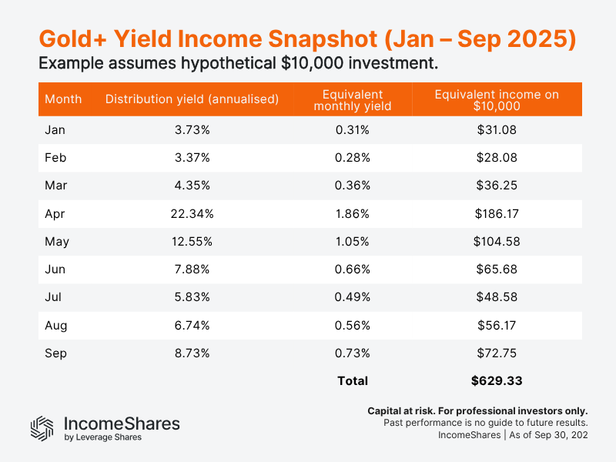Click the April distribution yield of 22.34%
(191, 213)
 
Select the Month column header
(63, 99)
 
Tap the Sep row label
(55, 353)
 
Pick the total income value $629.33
(497, 380)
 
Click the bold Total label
(352, 380)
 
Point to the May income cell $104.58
(497, 241)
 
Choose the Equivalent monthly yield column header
(352, 100)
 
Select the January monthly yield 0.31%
(352, 130)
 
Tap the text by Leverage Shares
(102, 437)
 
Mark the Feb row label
(55, 158)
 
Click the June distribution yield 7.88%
(191, 269)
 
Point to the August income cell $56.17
(497, 325)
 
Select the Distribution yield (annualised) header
(191, 99)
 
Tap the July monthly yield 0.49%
(352, 297)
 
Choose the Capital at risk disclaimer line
(477, 411)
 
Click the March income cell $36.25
(497, 186)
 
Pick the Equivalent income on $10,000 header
(497, 100)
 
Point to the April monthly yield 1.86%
(352, 213)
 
